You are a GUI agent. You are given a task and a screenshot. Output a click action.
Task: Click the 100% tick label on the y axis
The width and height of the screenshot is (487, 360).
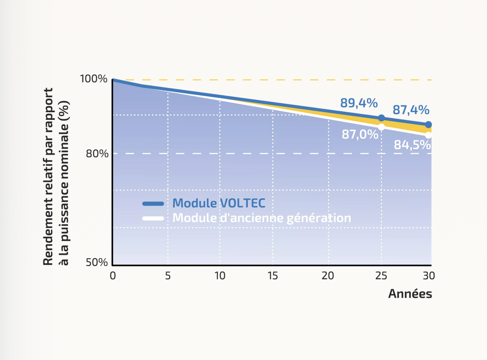coord(94,79)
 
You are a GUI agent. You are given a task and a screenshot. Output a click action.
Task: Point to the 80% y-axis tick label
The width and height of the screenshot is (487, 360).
coord(97,153)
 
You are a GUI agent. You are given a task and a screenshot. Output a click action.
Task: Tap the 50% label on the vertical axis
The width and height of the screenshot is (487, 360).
coord(97,262)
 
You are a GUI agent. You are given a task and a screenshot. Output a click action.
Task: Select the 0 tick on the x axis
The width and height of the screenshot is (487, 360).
coord(113,276)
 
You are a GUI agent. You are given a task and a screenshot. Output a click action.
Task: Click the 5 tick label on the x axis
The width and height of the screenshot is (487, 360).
coord(167,276)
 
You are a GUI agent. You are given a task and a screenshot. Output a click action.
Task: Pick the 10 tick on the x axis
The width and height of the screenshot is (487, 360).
coord(220,276)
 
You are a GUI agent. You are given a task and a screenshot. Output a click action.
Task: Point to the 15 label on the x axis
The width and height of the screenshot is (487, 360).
coord(273,276)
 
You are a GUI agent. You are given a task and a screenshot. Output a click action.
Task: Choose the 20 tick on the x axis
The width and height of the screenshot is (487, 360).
coord(328,276)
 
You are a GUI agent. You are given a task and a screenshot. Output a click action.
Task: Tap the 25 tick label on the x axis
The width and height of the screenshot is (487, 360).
coord(381,276)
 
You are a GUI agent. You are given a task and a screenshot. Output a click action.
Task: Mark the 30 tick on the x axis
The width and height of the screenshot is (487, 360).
coord(429,276)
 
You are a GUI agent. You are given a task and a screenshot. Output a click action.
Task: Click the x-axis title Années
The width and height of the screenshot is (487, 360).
coord(410,294)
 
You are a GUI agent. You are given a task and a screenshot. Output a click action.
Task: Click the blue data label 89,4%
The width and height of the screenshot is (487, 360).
coord(359,103)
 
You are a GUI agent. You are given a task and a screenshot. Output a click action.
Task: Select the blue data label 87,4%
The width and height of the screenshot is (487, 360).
coord(411,110)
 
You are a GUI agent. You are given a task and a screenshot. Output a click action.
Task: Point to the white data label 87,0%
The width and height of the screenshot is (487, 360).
coord(360,134)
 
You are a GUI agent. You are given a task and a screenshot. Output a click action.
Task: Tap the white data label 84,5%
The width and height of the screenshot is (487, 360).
coord(412,145)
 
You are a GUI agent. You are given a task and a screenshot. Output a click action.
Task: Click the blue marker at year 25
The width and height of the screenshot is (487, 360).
coord(381,118)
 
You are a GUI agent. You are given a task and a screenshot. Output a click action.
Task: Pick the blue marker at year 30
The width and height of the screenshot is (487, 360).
coord(428,125)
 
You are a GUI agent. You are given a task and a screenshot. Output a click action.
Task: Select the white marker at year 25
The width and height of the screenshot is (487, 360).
coord(381,127)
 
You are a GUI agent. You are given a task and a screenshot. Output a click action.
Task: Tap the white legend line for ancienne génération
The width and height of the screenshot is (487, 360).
coord(153,218)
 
